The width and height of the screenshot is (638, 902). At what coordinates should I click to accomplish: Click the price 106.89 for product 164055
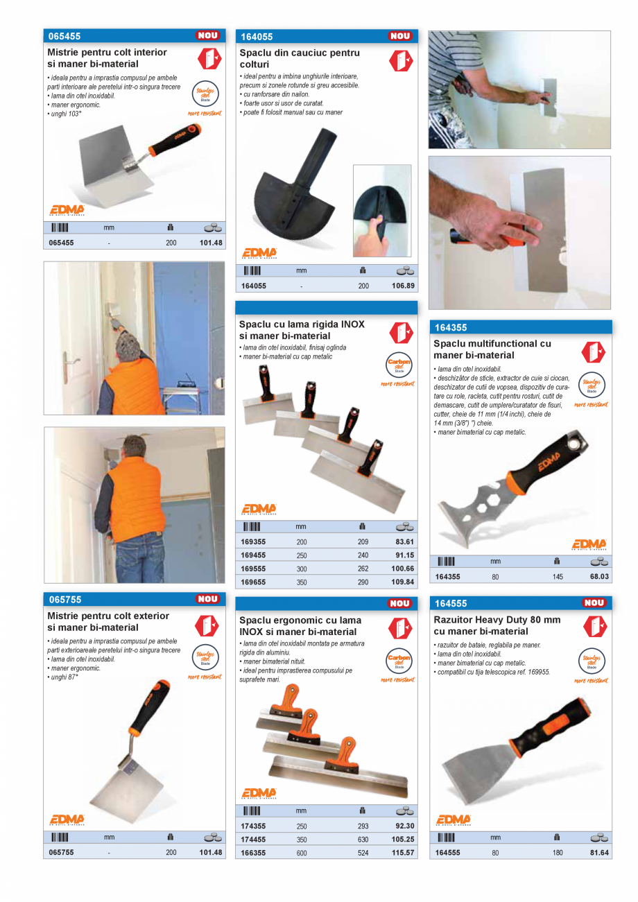403,286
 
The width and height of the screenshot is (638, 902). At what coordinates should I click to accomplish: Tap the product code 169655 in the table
253,582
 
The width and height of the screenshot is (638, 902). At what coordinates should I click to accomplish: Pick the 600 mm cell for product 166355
302,853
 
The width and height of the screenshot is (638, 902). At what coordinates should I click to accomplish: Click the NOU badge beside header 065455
207,35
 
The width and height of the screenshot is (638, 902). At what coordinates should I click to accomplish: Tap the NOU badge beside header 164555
594,602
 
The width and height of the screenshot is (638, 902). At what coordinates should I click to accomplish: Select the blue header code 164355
451,328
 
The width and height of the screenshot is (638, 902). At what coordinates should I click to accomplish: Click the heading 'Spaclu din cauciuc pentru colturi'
300,58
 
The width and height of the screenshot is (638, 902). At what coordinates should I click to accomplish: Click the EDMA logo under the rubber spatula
259,253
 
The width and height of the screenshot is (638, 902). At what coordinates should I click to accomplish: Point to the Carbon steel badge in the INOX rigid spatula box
399,365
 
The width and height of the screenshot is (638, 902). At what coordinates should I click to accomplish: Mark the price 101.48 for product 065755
211,853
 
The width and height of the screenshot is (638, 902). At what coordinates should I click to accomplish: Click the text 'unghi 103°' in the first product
64,113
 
